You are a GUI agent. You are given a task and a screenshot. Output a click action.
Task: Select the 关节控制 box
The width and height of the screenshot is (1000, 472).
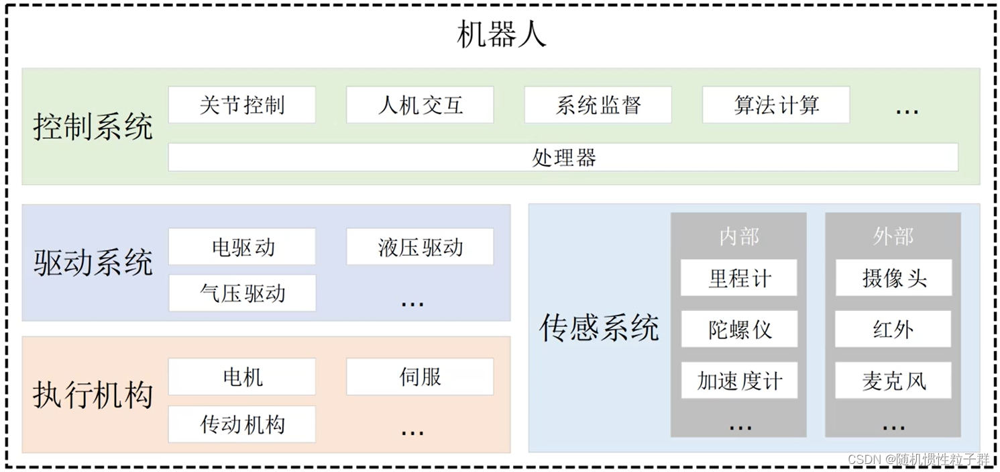click(x=241, y=105)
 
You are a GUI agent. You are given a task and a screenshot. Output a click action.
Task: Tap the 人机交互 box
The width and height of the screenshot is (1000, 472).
click(x=420, y=105)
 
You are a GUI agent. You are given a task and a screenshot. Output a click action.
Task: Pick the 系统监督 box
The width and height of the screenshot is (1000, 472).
click(x=598, y=105)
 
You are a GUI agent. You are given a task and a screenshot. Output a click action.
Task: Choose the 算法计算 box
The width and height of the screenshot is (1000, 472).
click(x=776, y=105)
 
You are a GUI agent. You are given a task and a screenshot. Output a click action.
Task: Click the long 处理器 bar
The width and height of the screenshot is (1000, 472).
click(x=563, y=158)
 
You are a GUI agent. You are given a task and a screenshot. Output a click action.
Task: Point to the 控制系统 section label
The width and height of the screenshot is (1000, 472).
click(x=93, y=127)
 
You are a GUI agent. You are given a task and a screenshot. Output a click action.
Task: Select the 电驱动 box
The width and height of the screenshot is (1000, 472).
click(x=241, y=247)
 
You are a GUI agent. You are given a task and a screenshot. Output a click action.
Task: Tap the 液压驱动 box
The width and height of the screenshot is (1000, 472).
click(x=420, y=247)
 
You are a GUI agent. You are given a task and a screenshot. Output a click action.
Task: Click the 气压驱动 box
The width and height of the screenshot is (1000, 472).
click(x=241, y=293)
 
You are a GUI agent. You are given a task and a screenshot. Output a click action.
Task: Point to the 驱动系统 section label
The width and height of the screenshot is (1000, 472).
click(x=93, y=263)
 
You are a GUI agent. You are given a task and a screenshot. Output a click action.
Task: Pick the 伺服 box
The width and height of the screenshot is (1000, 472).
click(x=420, y=377)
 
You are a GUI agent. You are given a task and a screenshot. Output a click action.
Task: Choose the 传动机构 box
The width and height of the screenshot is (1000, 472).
click(x=241, y=424)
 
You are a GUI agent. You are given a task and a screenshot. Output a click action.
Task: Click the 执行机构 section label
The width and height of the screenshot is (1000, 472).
click(x=93, y=395)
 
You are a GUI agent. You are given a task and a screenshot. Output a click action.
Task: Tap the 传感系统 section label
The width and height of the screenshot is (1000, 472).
click(x=599, y=328)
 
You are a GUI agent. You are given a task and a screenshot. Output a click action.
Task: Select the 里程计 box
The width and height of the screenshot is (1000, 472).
click(x=739, y=278)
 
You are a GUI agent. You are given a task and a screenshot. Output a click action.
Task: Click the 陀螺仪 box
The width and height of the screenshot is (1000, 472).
click(x=739, y=329)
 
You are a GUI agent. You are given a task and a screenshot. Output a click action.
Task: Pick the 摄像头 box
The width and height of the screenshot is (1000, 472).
click(x=893, y=278)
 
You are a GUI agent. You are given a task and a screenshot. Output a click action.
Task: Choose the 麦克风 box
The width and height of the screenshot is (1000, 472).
click(x=893, y=381)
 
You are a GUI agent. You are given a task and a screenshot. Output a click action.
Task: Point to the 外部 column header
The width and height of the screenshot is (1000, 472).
click(x=893, y=236)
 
